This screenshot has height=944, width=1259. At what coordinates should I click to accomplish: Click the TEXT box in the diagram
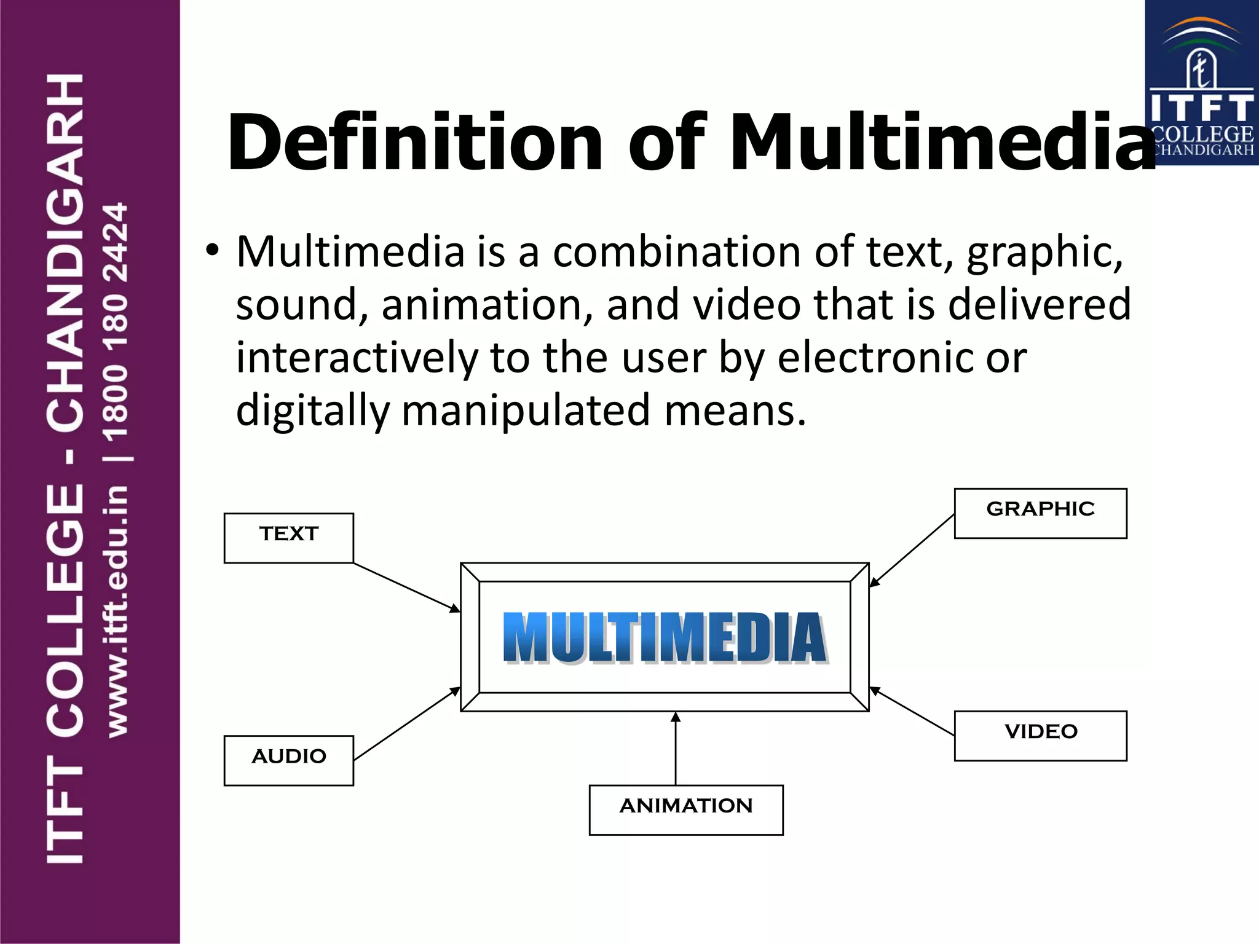pyautogui.click(x=288, y=538)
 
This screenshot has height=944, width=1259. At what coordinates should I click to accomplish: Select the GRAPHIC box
pyautogui.click(x=1040, y=513)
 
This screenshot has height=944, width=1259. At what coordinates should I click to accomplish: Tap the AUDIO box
pyautogui.click(x=288, y=760)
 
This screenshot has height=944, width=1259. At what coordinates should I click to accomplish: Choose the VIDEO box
pyautogui.click(x=1040, y=736)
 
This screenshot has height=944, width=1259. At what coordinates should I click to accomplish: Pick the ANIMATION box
pyautogui.click(x=686, y=809)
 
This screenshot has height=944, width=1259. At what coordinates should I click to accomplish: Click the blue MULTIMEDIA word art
pyautogui.click(x=665, y=638)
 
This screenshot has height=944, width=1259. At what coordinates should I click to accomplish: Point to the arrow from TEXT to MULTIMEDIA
pyautogui.click(x=406, y=587)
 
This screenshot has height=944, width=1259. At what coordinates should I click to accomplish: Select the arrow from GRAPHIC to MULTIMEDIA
pyautogui.click(x=912, y=551)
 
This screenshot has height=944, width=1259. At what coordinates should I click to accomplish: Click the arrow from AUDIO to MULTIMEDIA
pyautogui.click(x=406, y=725)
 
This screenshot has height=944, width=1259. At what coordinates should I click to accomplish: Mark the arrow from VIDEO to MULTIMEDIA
pyautogui.click(x=912, y=712)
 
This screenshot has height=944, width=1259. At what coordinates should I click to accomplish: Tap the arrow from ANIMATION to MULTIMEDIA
pyautogui.click(x=676, y=748)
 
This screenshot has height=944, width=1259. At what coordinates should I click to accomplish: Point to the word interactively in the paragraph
pyautogui.click(x=357, y=358)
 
